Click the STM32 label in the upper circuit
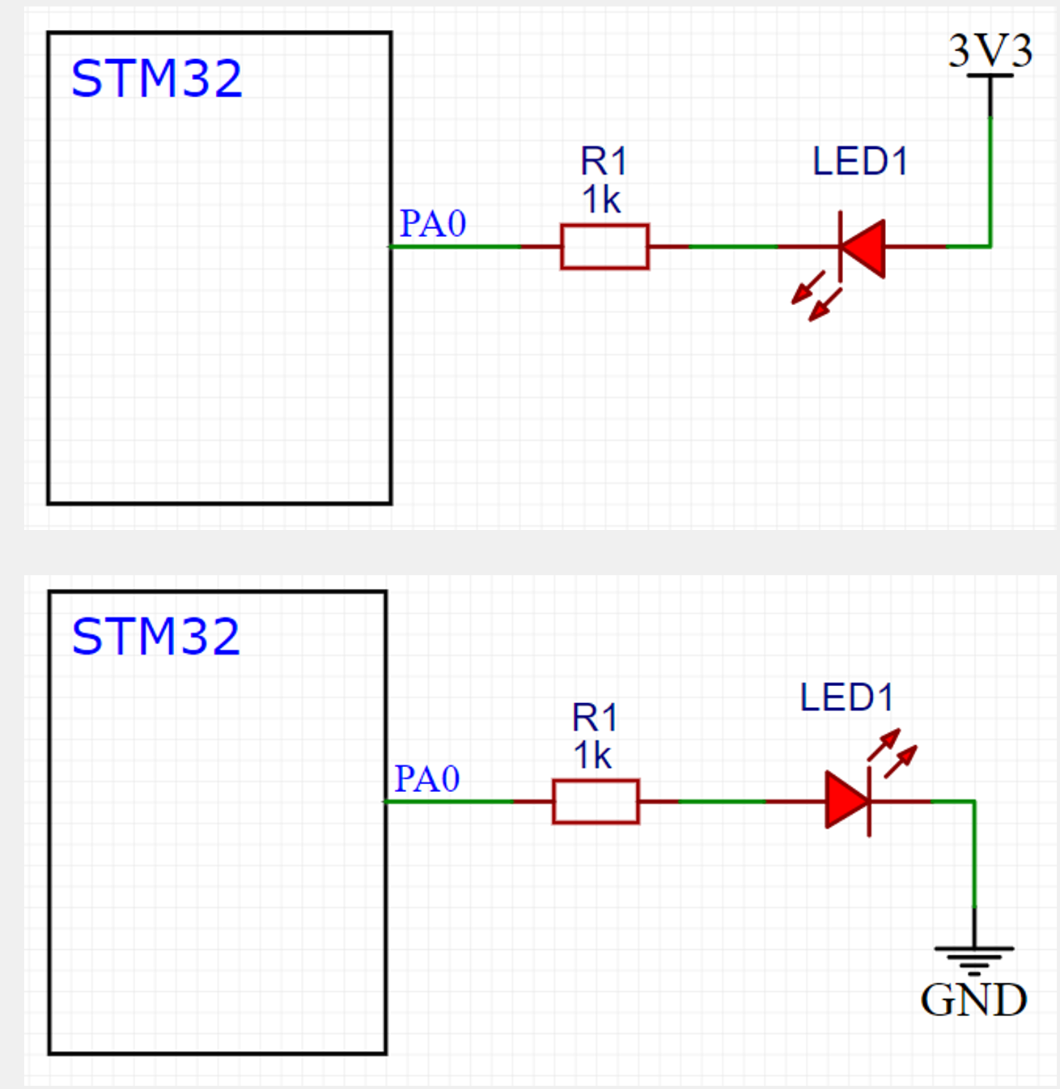[156, 78]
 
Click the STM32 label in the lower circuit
[155, 637]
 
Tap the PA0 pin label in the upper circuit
[433, 224]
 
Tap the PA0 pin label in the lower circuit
[426, 779]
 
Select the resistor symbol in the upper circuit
[604, 247]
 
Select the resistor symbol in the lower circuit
[596, 802]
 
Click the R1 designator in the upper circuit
[604, 162]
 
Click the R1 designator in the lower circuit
[595, 718]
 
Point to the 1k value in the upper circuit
[601, 200]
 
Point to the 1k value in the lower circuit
[592, 756]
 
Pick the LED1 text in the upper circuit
[859, 162]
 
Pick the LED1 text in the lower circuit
[846, 697]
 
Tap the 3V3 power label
[990, 51]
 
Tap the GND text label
[973, 1000]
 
